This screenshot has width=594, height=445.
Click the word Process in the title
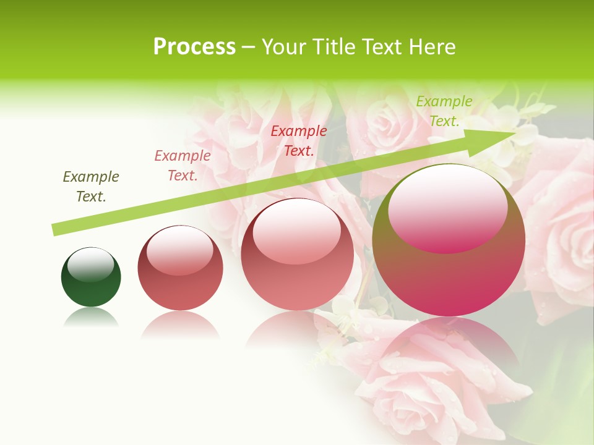click(x=194, y=47)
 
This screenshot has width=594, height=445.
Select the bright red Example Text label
click(x=299, y=141)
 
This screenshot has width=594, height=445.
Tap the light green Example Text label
click(x=444, y=111)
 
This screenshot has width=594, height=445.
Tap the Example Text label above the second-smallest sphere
click(x=183, y=166)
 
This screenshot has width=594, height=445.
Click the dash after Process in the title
click(x=248, y=48)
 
